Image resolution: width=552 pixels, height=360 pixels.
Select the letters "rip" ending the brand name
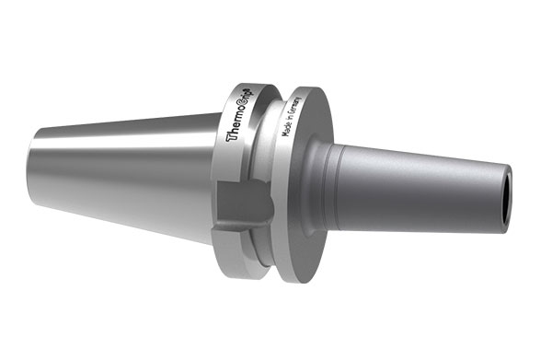click(249, 92)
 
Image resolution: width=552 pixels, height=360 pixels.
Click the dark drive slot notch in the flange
click(243, 203)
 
